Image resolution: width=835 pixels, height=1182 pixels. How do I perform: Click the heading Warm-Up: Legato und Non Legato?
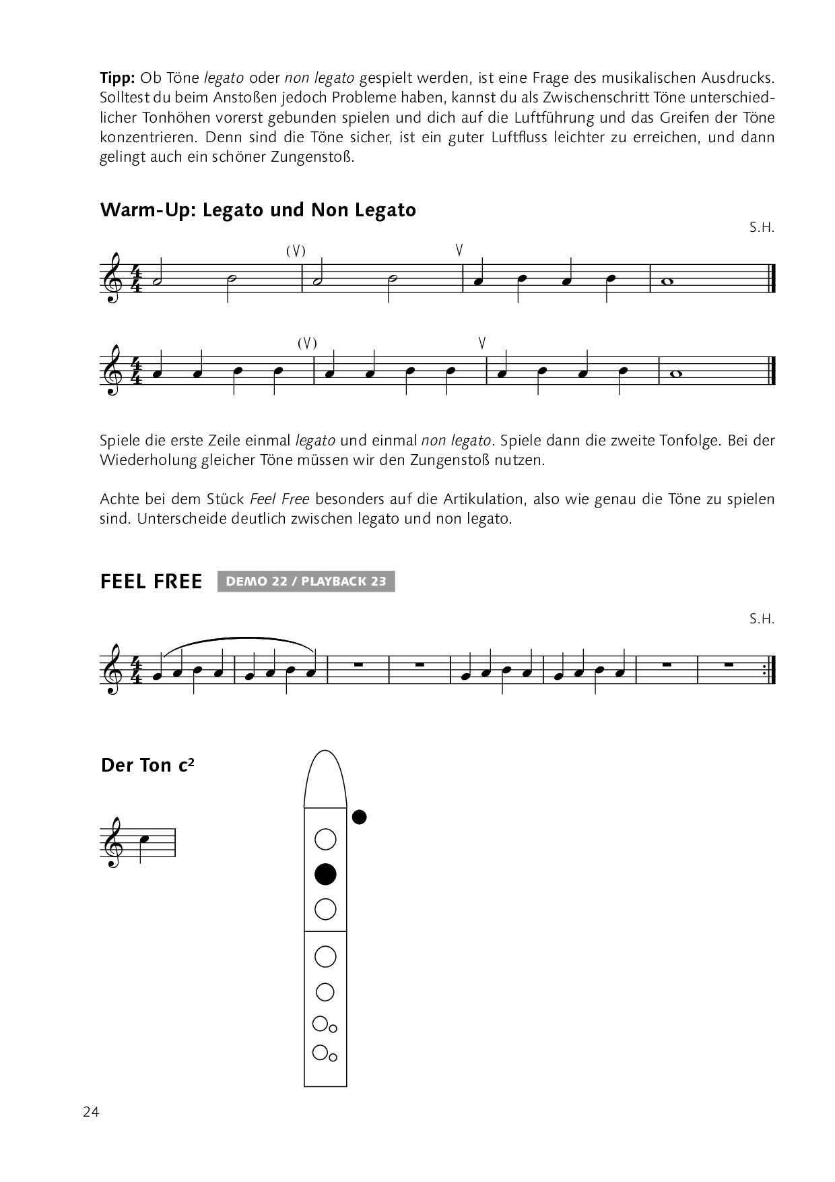click(258, 210)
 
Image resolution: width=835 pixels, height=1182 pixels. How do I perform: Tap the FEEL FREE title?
click(151, 582)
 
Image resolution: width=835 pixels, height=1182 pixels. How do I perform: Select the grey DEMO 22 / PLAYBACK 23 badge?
click(306, 582)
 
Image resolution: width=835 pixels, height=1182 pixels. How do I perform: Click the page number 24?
click(91, 1113)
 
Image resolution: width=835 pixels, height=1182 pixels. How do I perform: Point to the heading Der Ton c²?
click(147, 766)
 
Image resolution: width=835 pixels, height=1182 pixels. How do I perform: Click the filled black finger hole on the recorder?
click(325, 874)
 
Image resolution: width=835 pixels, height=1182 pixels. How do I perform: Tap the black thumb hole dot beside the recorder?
click(360, 817)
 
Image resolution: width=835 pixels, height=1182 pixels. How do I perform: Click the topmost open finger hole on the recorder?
click(325, 839)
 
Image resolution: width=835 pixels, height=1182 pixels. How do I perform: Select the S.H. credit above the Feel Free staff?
click(762, 619)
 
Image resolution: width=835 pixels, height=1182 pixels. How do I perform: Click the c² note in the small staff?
click(144, 840)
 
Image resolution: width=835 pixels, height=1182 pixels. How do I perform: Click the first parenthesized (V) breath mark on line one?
click(296, 251)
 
